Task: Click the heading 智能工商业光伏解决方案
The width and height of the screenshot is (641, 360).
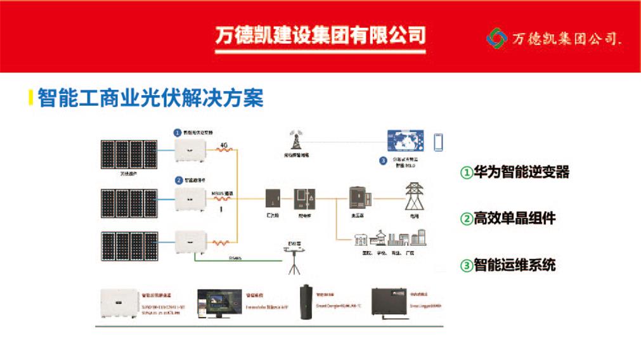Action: click(150, 98)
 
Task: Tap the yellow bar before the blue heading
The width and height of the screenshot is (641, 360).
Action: click(30, 98)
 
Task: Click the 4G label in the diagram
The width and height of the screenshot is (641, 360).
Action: click(223, 145)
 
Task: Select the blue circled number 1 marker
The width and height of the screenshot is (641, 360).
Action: click(178, 132)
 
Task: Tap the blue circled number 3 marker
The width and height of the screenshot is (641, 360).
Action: click(383, 160)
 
